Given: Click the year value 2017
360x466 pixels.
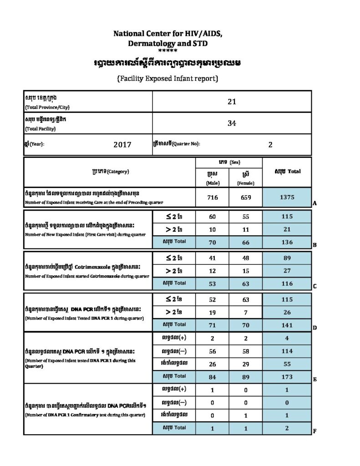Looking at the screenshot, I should (x=122, y=145).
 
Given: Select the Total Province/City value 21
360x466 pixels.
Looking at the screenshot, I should (x=232, y=101).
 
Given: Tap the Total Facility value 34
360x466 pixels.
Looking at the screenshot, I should (x=232, y=123).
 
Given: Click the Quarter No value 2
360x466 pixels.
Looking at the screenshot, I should (x=270, y=145).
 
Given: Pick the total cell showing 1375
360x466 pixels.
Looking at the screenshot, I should (x=287, y=198).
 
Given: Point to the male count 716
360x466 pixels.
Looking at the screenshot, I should (x=212, y=198).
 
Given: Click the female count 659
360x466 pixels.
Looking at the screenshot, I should (x=246, y=198).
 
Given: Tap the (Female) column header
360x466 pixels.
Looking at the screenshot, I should (x=246, y=183).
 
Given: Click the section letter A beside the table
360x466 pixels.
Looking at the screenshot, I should (x=314, y=204).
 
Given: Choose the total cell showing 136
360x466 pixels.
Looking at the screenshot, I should (x=287, y=242).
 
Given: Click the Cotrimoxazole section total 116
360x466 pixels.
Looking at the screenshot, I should (x=287, y=284).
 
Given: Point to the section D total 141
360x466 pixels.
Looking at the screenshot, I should (x=287, y=325).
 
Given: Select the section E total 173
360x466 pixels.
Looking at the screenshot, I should (x=287, y=376).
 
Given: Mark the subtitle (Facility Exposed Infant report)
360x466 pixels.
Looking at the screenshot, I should (x=168, y=79).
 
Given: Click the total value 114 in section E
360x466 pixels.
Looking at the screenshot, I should (x=287, y=351).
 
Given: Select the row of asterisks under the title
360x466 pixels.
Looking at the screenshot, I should (x=168, y=51).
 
